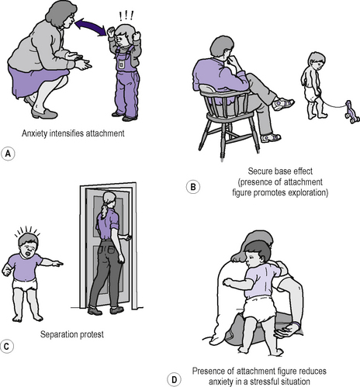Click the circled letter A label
click(8, 154)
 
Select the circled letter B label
click(193, 187)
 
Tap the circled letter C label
click(6, 346)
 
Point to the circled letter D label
click(175, 380)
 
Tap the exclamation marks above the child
click(126, 16)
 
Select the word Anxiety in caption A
click(35, 133)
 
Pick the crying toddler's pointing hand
click(57, 264)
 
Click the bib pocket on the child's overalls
click(120, 64)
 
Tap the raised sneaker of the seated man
click(284, 103)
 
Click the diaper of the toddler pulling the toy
click(313, 92)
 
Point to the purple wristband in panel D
click(297, 325)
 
